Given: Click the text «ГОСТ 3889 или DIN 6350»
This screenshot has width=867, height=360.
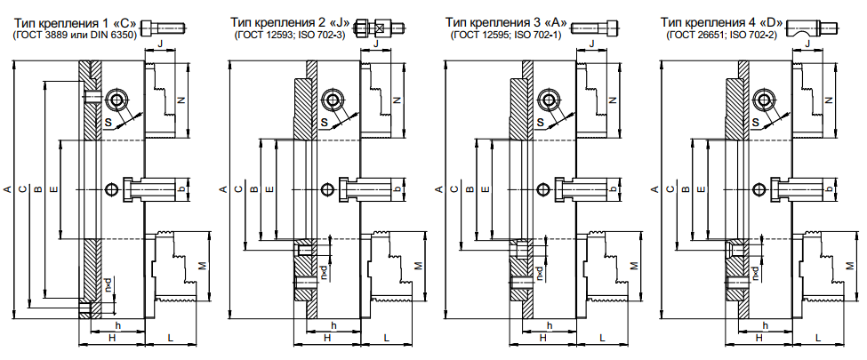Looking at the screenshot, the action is point(76,35).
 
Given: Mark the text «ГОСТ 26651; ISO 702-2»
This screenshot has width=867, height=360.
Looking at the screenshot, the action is point(722,35).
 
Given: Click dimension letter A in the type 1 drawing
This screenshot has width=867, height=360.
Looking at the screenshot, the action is point(7,189).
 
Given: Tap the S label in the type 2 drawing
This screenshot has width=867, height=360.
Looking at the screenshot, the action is point(324,122).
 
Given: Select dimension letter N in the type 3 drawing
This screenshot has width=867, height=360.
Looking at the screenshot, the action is point(612,100).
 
